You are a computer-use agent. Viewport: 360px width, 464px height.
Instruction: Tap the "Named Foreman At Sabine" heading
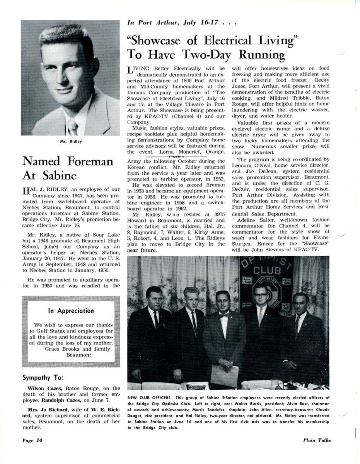(x=68, y=168)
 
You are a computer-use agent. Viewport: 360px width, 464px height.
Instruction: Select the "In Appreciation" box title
(x=71, y=310)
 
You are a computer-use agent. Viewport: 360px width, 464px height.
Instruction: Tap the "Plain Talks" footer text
(x=317, y=440)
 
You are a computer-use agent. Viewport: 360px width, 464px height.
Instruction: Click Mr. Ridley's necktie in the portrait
(x=72, y=126)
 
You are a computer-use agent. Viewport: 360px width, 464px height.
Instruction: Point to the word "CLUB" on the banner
(x=267, y=269)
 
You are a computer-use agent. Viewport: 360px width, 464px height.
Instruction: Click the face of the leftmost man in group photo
(x=154, y=297)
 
